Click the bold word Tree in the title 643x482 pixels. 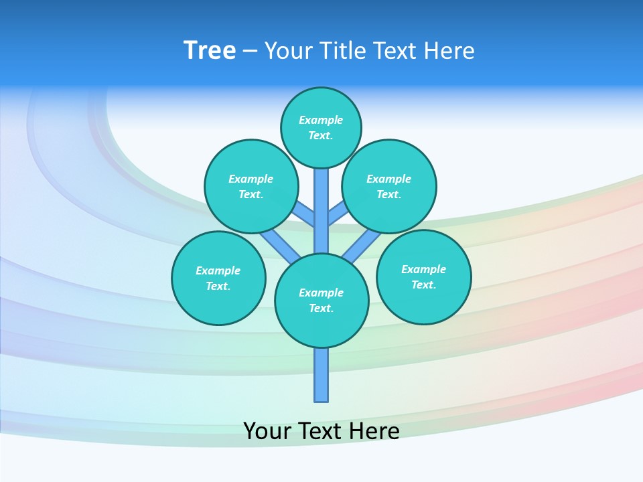click(210, 51)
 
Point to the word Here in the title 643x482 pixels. click(450, 51)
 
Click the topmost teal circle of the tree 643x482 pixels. click(321, 127)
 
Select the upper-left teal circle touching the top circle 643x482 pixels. click(251, 186)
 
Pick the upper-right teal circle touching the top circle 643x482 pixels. click(388, 186)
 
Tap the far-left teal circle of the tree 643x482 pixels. click(218, 278)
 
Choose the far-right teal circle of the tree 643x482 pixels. click(423, 276)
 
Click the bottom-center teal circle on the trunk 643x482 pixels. click(321, 301)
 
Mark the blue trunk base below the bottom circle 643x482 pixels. click(321, 375)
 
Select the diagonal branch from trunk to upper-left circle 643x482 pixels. click(305, 214)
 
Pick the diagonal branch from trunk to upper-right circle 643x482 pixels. click(338, 214)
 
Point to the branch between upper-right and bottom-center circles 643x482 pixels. click(362, 245)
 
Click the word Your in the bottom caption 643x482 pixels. click(267, 430)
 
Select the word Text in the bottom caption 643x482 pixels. click(319, 430)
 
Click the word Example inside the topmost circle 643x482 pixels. click(321, 120)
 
